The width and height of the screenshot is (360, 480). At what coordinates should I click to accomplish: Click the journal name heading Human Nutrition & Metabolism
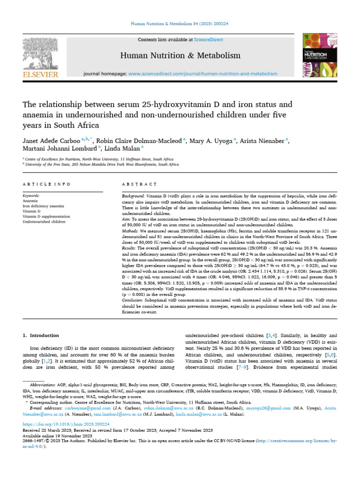coord(180,56)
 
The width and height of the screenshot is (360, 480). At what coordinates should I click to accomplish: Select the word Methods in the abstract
coord(131,231)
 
